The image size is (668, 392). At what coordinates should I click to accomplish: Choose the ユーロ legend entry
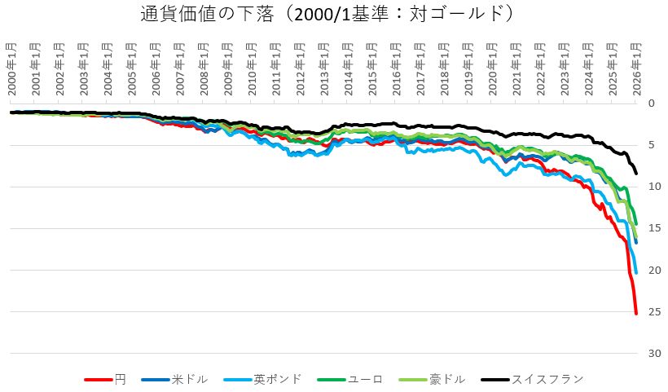click(x=360, y=379)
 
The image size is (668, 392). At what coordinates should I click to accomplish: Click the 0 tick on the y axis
click(x=650, y=104)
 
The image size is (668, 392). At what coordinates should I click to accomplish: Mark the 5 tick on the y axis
click(x=650, y=145)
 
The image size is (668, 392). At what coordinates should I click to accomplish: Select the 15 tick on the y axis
click(x=652, y=228)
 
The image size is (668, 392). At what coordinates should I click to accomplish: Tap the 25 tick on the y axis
click(x=652, y=312)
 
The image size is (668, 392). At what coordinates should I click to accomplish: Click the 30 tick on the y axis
click(x=652, y=354)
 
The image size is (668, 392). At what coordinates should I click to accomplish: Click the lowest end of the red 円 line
click(x=636, y=313)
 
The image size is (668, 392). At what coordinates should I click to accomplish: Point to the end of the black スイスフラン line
click(x=636, y=173)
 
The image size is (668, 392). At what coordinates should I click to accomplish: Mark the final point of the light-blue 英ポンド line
click(x=635, y=272)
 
